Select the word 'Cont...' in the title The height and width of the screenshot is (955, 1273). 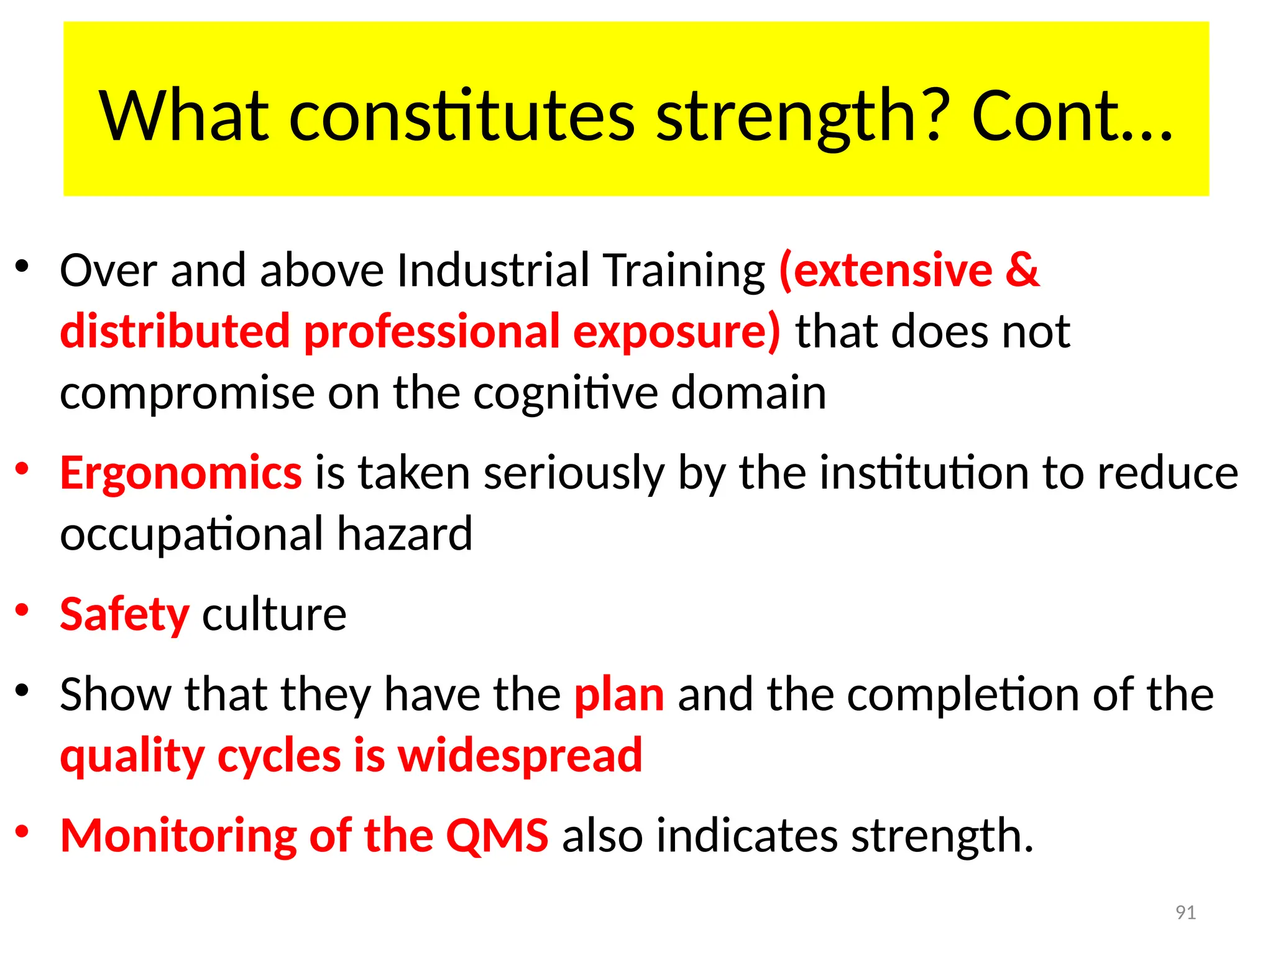[1072, 117]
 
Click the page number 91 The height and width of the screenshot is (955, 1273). [1185, 912]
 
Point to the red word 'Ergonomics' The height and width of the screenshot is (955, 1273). [181, 474]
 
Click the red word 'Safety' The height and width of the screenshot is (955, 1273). [124, 614]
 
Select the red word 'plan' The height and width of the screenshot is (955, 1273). [619, 694]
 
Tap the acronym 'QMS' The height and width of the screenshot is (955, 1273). [497, 835]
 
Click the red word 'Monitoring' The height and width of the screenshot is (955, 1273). [179, 835]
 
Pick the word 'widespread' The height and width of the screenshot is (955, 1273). [520, 756]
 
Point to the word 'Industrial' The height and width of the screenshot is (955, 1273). [493, 270]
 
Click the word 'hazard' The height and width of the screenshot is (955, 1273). [405, 534]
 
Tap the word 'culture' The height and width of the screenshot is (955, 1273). [274, 614]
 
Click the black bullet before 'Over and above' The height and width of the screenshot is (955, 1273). [22, 267]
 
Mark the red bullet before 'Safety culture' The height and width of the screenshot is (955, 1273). [22, 610]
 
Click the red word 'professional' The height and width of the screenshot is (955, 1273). [432, 331]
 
